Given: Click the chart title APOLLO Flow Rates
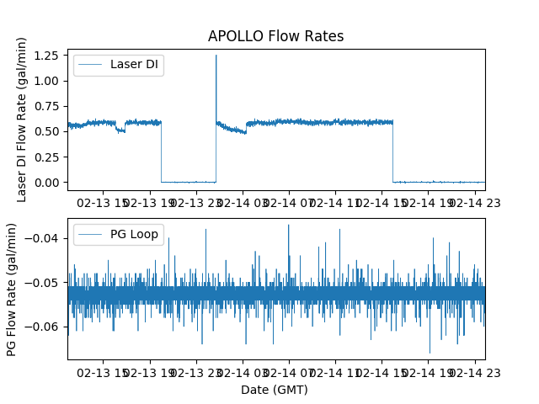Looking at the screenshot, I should [x=275, y=36].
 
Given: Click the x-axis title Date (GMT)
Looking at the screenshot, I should [x=275, y=390].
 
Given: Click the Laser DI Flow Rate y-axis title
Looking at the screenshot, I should [x=23, y=120].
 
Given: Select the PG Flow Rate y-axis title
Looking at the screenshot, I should [x=13, y=290].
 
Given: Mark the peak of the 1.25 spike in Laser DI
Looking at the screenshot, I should [x=216, y=56].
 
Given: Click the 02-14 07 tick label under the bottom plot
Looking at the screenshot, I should [x=290, y=371].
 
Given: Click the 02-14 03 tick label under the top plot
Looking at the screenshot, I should [x=243, y=203].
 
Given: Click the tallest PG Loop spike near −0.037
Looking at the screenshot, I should [x=288, y=225].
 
